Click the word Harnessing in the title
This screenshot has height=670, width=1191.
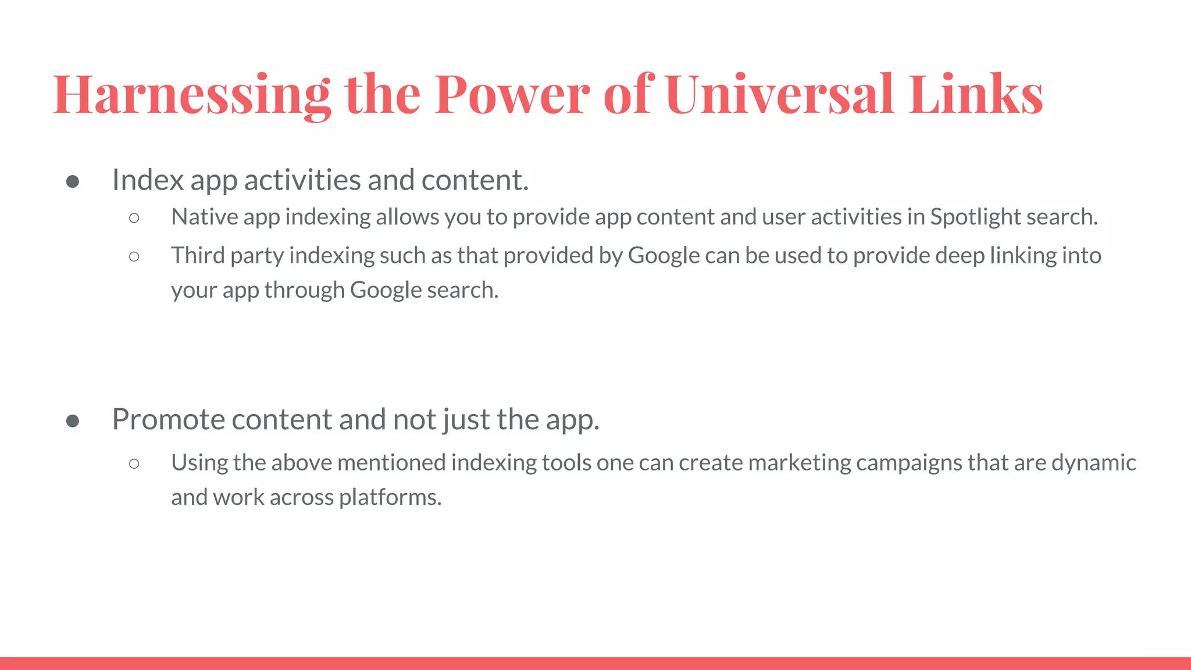click(x=192, y=94)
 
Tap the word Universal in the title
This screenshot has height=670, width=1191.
click(x=779, y=94)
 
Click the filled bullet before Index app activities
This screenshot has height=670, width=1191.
click(x=73, y=182)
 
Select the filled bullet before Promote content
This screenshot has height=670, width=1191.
click(x=73, y=421)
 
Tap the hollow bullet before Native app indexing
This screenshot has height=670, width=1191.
click(x=134, y=218)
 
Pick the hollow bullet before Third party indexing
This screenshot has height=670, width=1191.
click(x=134, y=256)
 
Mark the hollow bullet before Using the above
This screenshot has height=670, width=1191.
click(x=134, y=464)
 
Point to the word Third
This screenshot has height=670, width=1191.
click(x=198, y=255)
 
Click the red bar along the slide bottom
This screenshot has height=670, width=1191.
click(x=595, y=664)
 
